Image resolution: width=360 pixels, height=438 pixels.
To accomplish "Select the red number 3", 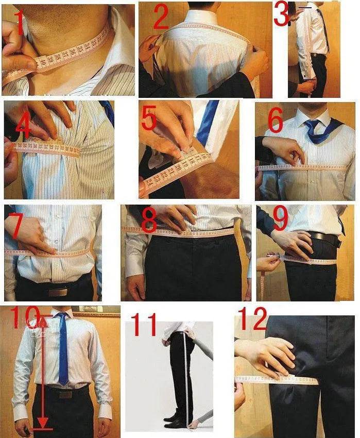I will [282, 14].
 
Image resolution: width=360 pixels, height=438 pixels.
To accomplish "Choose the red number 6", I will [275, 123].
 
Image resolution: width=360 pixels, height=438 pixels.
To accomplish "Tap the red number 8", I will [149, 221].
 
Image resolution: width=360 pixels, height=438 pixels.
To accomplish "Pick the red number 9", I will [281, 219].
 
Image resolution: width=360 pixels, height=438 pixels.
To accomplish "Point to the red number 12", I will [252, 319].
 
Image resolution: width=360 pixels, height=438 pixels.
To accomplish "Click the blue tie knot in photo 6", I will [313, 125].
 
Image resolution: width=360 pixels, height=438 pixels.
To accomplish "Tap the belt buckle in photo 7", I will [58, 292].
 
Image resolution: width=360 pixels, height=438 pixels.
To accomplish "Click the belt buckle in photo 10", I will [65, 394].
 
